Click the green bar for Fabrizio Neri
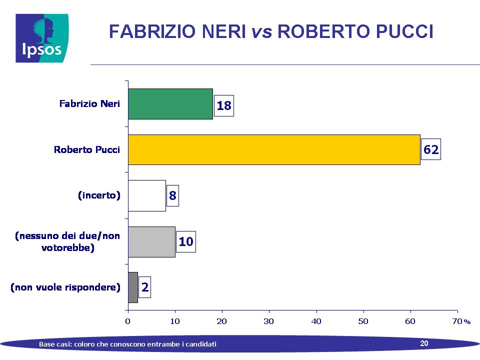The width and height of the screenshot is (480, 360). [170, 104]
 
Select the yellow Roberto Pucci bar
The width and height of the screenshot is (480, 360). [274, 149]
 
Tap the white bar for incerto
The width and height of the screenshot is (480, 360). [147, 195]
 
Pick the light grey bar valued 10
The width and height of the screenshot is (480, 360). [152, 242]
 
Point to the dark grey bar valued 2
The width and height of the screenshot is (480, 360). [133, 287]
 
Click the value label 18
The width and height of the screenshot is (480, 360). [224, 106]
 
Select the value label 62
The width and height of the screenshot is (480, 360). [431, 149]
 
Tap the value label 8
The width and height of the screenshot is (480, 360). [172, 195]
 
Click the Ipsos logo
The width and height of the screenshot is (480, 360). [42, 38]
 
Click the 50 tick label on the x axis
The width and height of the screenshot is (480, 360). [363, 321]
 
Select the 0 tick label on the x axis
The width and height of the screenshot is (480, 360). [127, 321]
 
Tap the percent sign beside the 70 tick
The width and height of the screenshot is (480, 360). [467, 321]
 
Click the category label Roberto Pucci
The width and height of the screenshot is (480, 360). [87, 149]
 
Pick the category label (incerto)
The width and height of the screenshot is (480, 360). [99, 195]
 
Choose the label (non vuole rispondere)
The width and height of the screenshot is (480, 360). [65, 287]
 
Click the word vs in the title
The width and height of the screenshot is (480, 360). [261, 32]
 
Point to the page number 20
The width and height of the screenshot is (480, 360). [424, 343]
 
